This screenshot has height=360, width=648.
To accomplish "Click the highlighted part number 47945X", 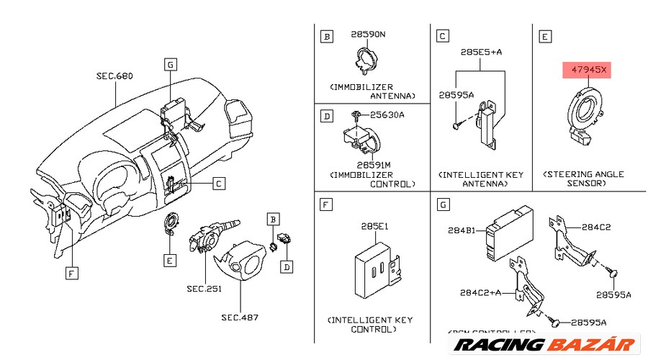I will pos(585,71).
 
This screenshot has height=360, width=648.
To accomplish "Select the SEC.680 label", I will pos(114,76).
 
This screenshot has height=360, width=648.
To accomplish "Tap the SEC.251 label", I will pos(204,289).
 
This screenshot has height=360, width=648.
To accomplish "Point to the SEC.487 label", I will pos(239,317).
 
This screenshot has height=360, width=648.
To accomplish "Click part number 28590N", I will pos(369,35).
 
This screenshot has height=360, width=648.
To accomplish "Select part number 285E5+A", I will pos(481,52).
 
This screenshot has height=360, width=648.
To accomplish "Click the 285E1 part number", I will pos(374,226).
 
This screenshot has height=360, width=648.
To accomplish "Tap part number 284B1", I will pos(461,230).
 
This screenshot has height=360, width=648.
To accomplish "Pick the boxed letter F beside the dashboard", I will pos(71,274).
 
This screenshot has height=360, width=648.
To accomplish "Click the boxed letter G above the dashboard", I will pos(170,64).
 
